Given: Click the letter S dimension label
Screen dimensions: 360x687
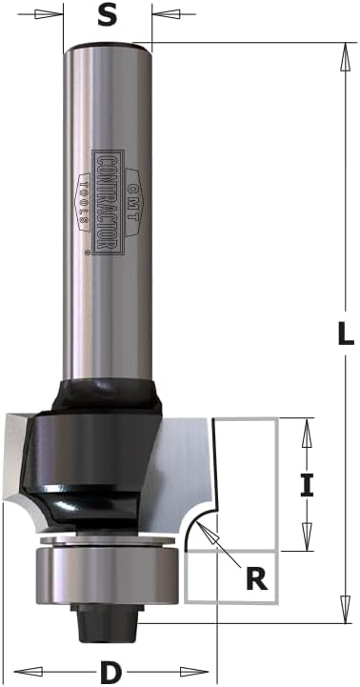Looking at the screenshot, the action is click(108, 16).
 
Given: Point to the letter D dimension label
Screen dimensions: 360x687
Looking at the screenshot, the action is click(110, 672).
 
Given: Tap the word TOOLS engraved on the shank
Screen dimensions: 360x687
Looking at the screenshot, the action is click(83, 202).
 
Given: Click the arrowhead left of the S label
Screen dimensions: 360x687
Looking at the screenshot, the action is click(50, 14).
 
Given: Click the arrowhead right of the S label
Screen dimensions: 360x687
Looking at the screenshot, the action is click(166, 14).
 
